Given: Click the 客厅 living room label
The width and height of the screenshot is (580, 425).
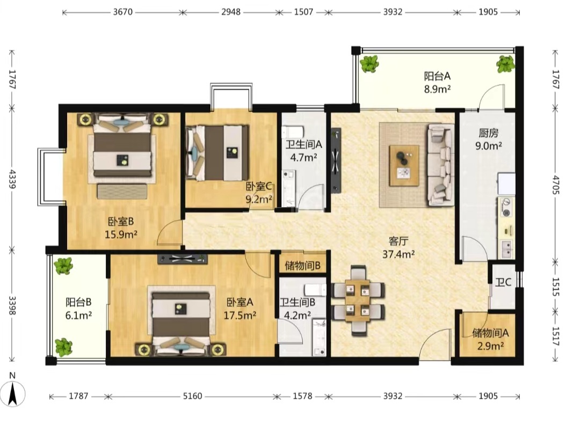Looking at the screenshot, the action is [398, 241].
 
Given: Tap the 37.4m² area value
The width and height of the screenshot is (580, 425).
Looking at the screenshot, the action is [398, 254].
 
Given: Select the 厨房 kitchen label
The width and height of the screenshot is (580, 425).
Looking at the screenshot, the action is [488, 133].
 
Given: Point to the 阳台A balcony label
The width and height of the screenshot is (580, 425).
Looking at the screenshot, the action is [437, 76].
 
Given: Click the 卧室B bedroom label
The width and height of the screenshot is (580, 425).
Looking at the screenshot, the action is [121, 222].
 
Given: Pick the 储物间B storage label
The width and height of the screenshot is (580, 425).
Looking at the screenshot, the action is [302, 265].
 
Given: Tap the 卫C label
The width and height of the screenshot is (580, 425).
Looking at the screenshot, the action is [503, 282].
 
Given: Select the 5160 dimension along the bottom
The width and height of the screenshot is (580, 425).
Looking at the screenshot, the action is [192, 396].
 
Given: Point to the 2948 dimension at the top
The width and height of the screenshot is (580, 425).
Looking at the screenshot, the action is [231, 12].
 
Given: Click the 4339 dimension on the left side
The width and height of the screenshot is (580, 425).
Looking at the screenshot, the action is [12, 179].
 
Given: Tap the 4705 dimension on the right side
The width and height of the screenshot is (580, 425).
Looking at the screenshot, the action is [555, 185].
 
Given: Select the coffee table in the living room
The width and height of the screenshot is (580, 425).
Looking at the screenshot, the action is [404, 165].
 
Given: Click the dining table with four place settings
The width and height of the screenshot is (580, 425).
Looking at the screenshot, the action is [357, 300].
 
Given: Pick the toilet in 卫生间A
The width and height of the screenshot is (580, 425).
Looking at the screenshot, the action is [293, 131].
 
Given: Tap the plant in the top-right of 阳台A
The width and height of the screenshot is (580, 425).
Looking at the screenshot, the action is [505, 64].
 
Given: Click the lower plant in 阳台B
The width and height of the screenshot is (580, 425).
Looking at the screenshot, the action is [63, 347].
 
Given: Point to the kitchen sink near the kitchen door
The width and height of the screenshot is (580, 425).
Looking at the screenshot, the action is [506, 248].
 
